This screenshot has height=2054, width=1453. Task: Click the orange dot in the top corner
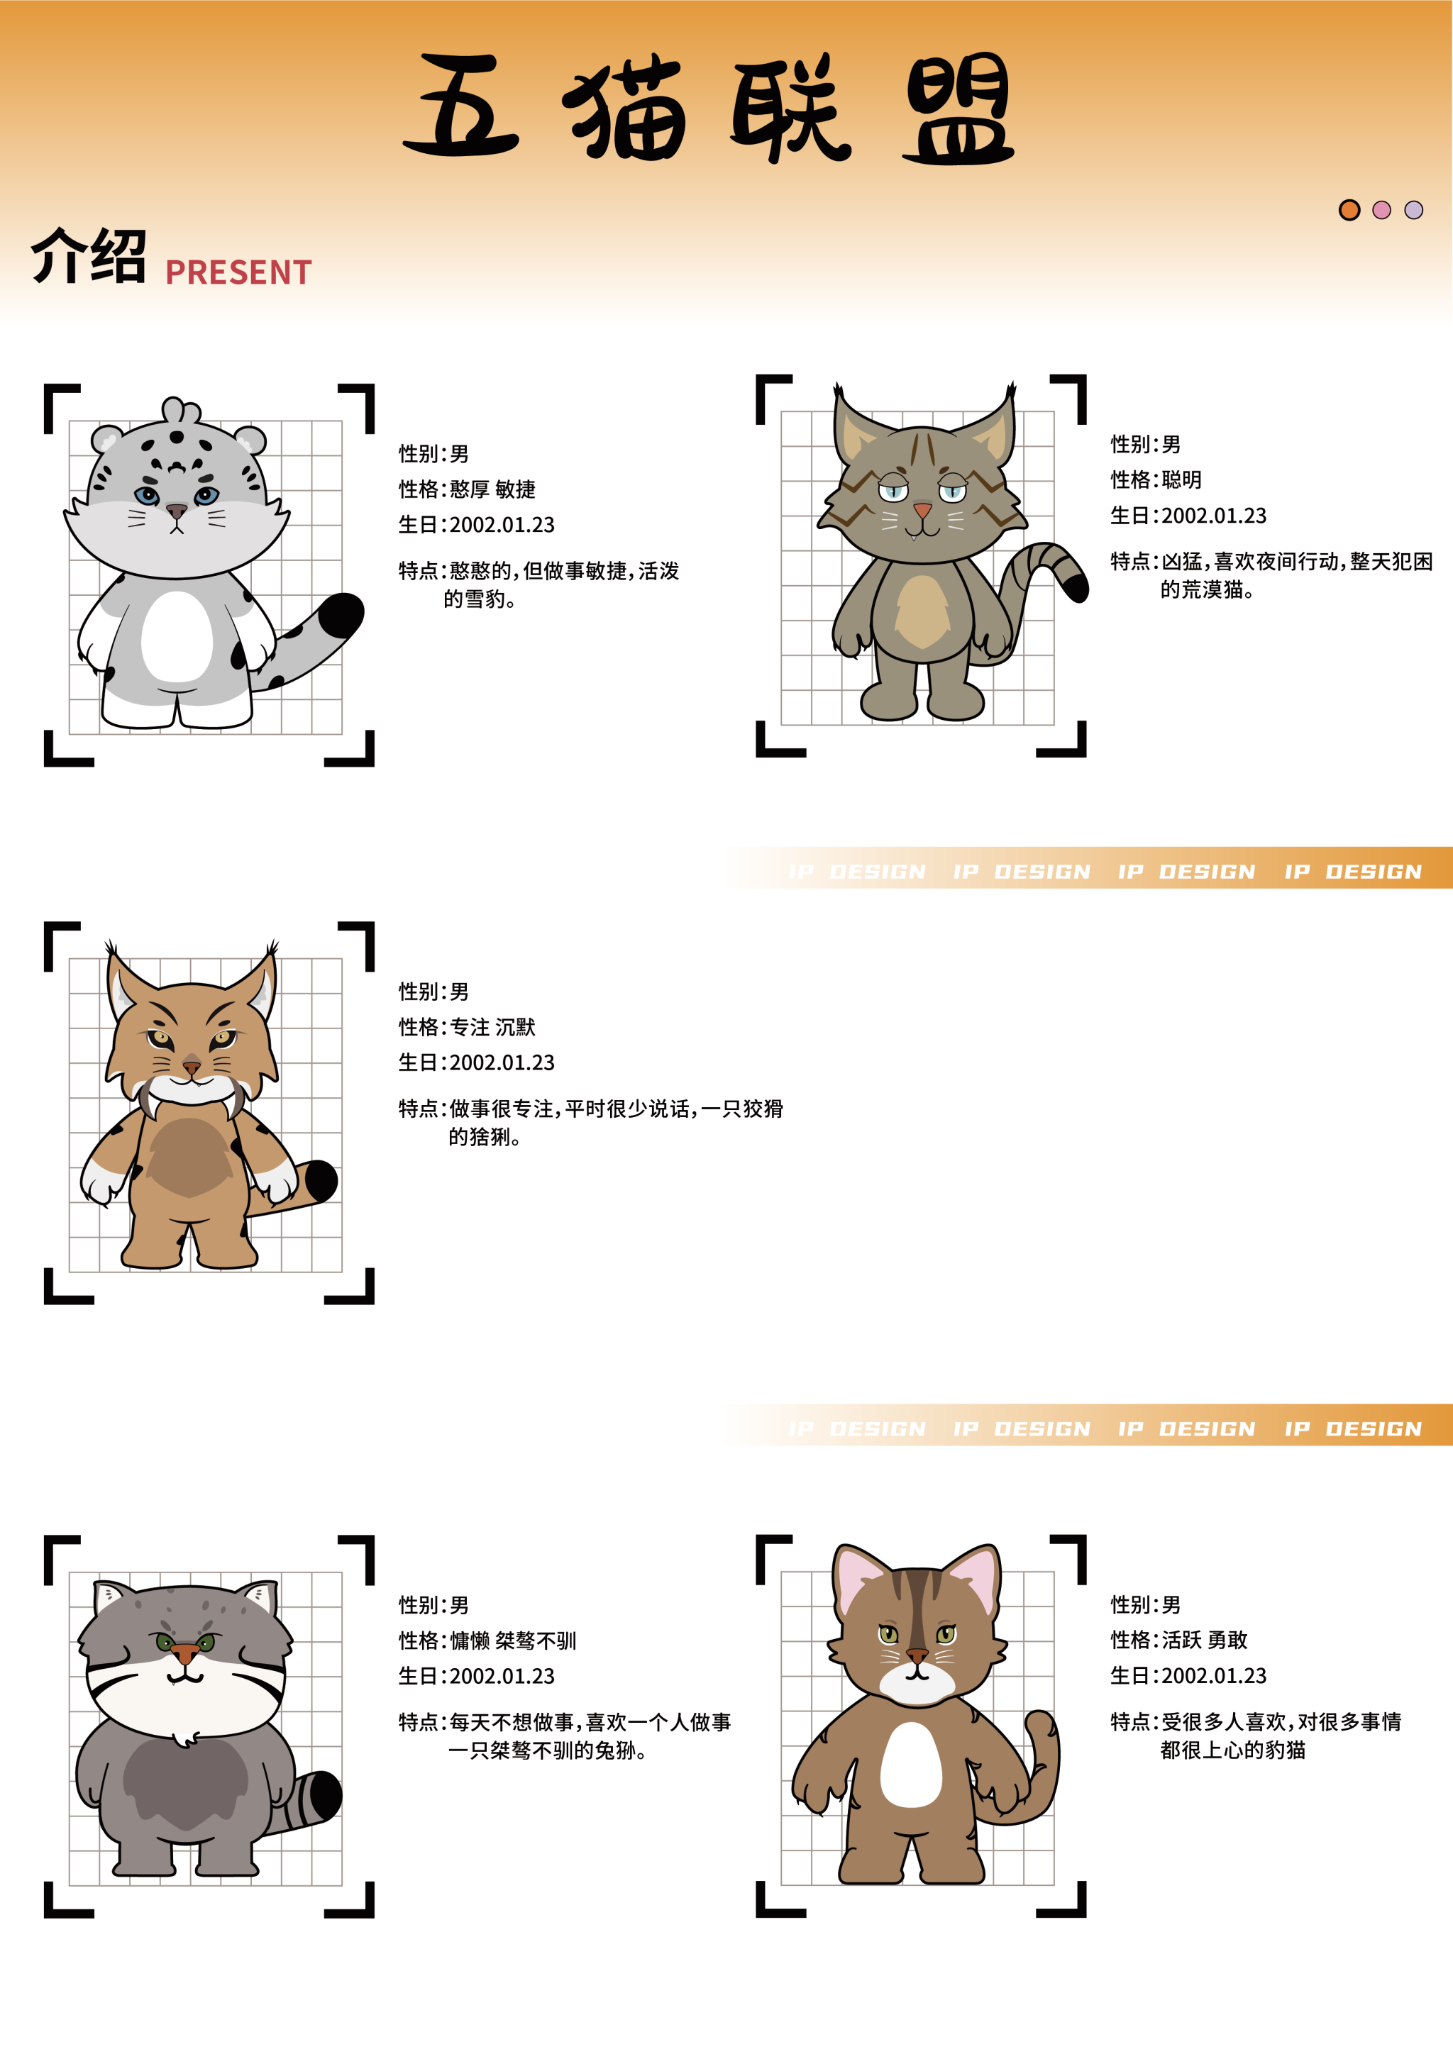coord(1349,210)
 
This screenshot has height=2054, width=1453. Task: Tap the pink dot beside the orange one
coord(1381,210)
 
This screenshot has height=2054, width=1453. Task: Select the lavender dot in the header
coord(1414,210)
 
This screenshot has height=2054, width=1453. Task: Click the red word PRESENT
coord(239,272)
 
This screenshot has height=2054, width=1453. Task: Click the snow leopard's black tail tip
coord(343,615)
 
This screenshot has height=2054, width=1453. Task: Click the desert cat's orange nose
coord(922,511)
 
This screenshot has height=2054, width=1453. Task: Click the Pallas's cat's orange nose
coord(184,1653)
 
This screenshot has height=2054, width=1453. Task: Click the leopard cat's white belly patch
coord(911,1764)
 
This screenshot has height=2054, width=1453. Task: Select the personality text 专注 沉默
coord(493,1027)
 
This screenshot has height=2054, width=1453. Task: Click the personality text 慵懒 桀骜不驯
coord(514,1641)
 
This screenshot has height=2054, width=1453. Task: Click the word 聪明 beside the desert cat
coord(1182,479)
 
